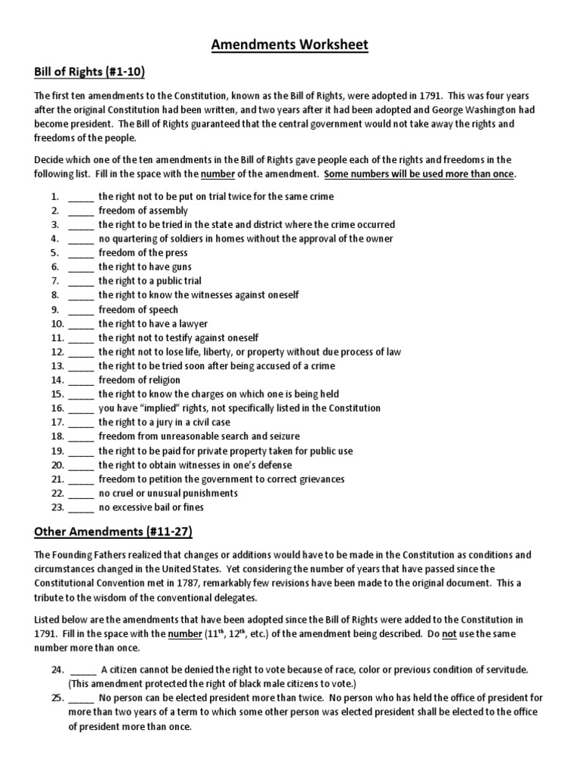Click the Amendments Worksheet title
coord(290,45)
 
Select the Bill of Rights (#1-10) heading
coord(90,72)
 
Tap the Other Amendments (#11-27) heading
coord(113,532)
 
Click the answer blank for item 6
coord(81,268)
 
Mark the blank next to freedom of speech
coord(81,310)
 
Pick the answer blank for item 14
coord(81,381)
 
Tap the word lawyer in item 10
coord(193,324)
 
